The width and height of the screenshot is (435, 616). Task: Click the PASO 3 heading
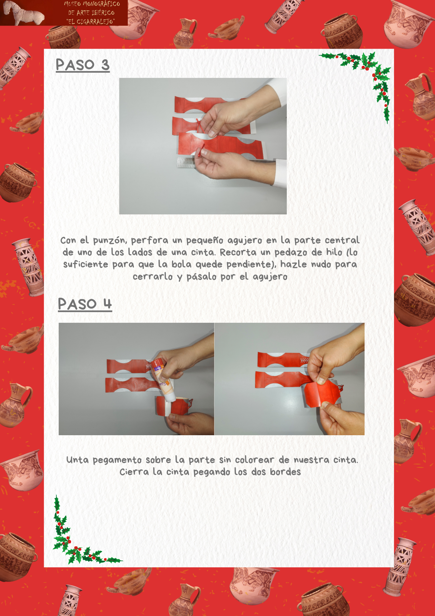coord(83,65)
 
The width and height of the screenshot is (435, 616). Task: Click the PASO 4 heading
coord(85,304)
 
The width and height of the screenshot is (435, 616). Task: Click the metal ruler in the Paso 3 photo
coord(186,162)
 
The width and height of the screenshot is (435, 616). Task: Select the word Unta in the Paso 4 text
coord(78,460)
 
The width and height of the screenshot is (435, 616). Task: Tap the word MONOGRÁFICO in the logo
coord(101,4)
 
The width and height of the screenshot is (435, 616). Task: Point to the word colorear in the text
coord(254,460)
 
